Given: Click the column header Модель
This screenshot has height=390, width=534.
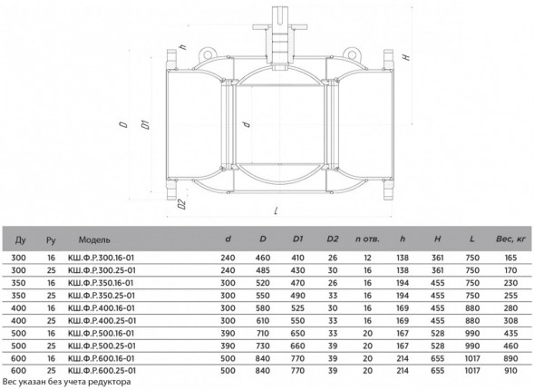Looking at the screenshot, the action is click(94, 239).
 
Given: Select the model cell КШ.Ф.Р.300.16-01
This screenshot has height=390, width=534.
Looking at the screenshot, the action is click(102, 258).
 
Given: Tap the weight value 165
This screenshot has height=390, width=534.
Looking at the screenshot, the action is click(510, 258).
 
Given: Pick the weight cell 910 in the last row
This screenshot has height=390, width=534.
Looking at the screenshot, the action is click(510, 371).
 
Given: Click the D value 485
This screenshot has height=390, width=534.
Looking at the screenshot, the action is click(263, 270).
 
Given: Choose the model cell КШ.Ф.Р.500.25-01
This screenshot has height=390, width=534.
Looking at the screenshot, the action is click(102, 346).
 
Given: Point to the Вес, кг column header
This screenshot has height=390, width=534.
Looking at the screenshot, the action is click(510, 239).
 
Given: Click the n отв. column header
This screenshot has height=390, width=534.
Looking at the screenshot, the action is click(367, 239).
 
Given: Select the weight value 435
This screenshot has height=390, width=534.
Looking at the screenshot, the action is click(510, 333).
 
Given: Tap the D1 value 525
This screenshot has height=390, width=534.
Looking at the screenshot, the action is click(297, 308).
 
